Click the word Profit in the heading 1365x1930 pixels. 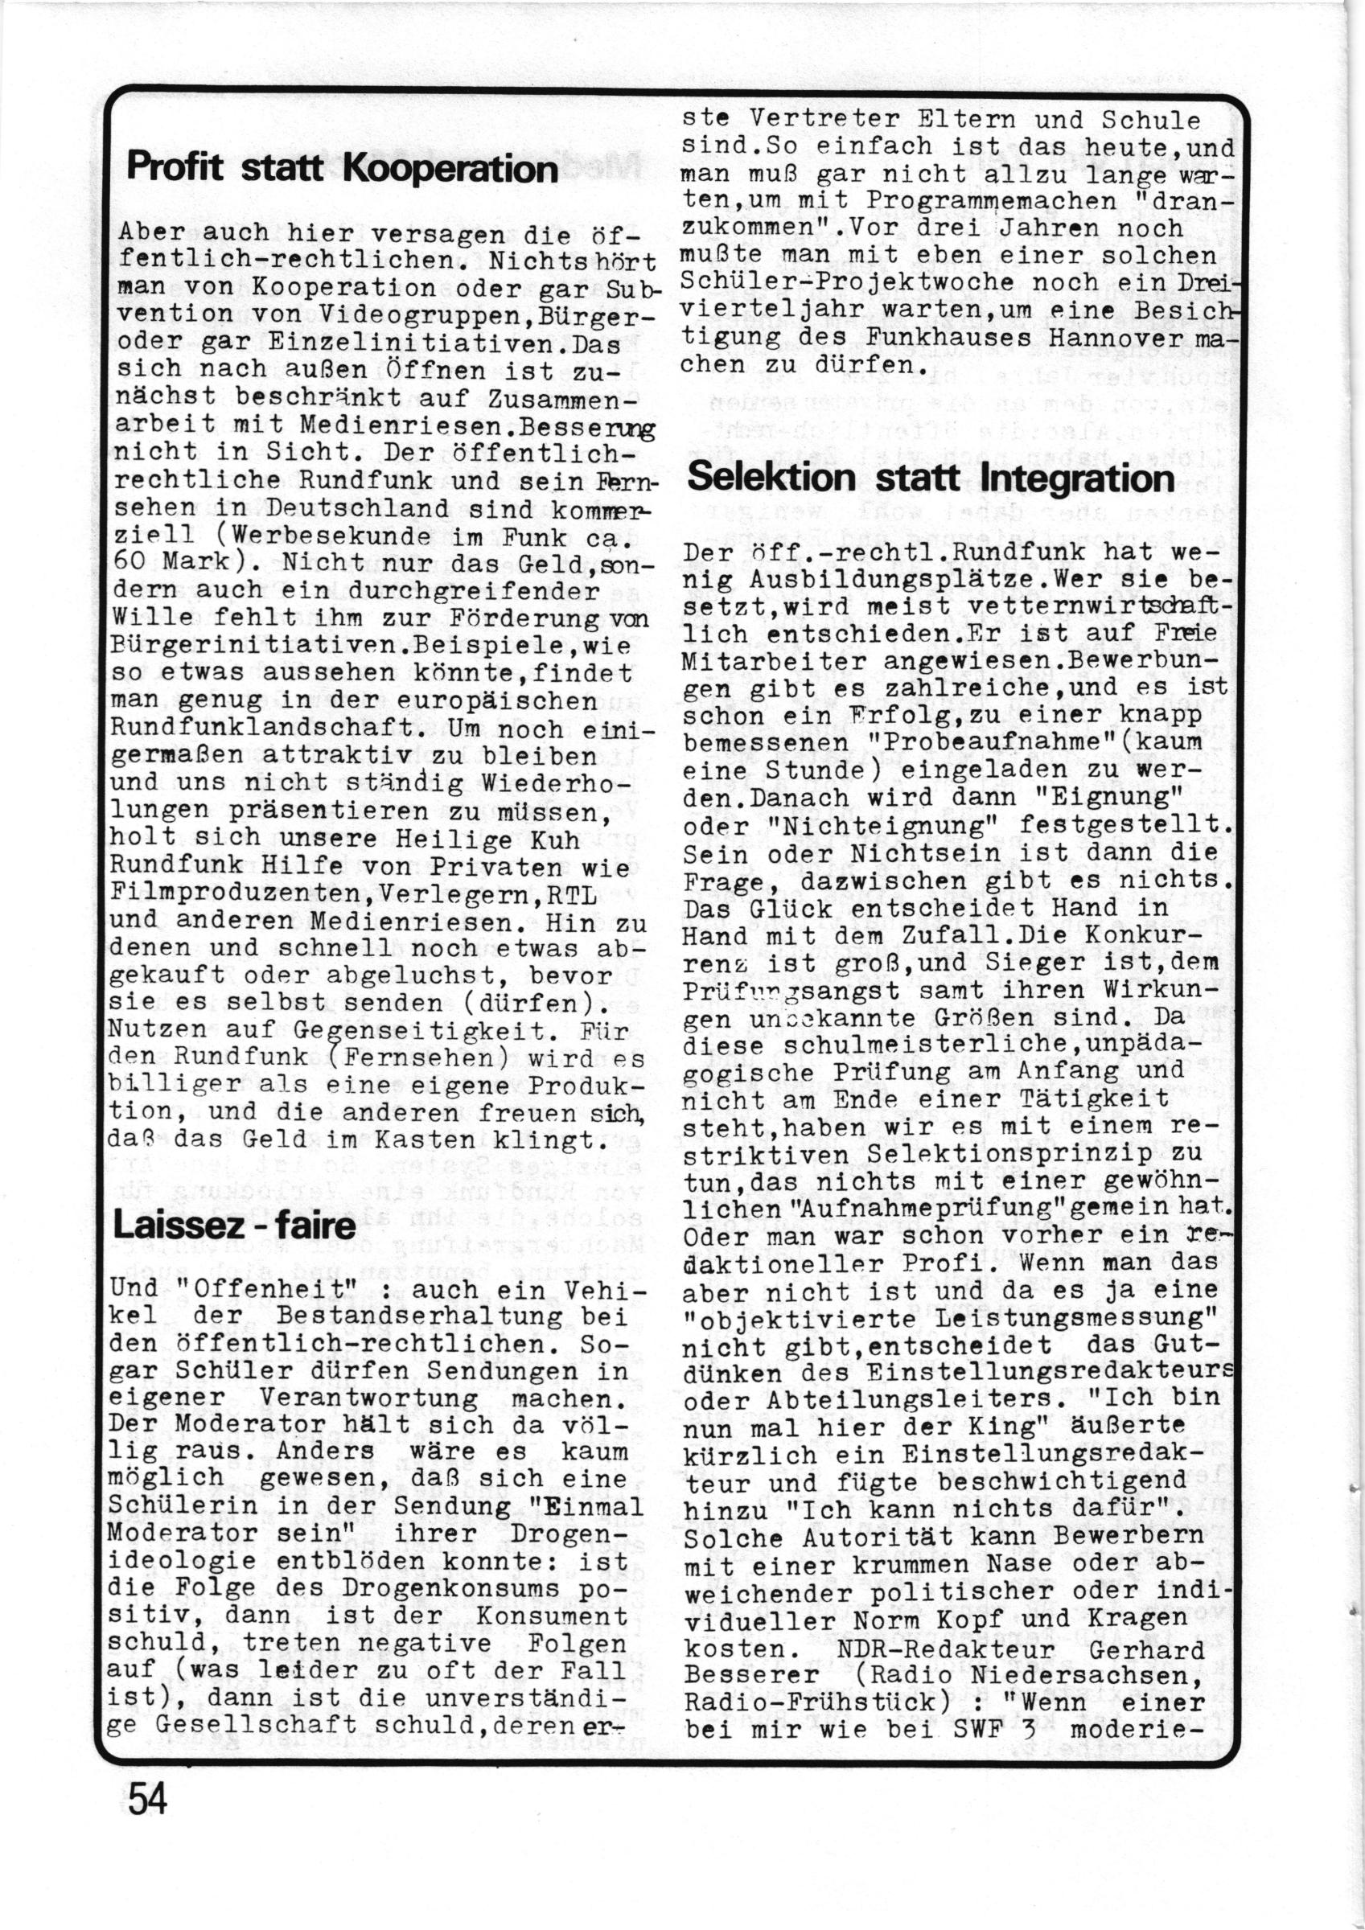175,168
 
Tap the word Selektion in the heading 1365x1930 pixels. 771,478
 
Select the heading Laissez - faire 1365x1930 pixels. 234,1225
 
